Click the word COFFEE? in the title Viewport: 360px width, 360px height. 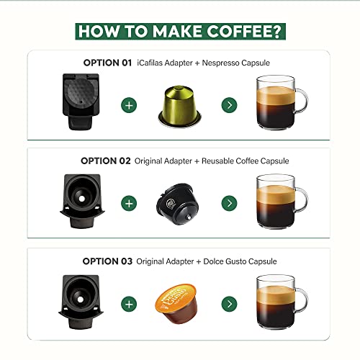point(243,31)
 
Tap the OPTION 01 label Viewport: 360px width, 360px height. point(107,63)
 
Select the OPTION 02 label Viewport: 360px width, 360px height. point(106,161)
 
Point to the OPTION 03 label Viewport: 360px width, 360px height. point(107,261)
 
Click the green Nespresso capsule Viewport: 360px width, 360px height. point(179,107)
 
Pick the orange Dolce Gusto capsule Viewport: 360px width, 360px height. point(176,303)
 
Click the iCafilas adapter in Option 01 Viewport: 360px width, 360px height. point(81,102)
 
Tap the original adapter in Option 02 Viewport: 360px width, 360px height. point(82,201)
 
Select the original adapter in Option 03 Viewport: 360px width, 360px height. point(81,302)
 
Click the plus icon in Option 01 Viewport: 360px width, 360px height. point(129,105)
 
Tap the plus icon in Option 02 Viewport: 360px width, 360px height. point(129,203)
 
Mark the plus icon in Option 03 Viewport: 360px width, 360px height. point(129,304)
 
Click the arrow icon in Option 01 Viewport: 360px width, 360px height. point(229,105)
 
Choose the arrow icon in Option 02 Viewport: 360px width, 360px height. point(229,203)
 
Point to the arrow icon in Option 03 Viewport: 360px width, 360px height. point(229,304)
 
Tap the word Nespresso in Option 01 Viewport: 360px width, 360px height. point(221,63)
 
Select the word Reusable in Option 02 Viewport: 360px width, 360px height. point(217,161)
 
